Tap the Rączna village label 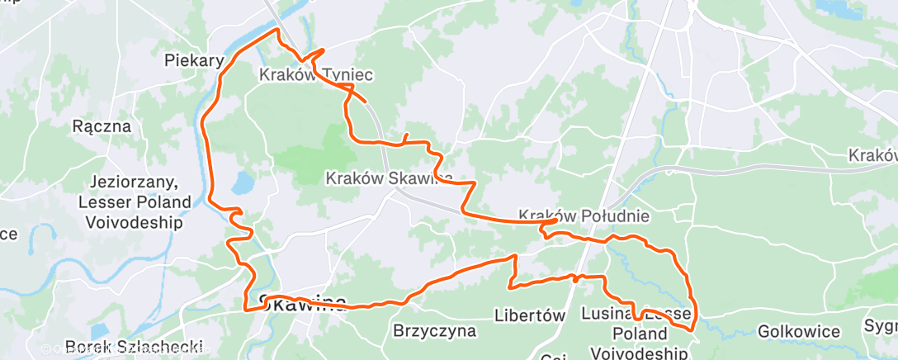click(102, 126)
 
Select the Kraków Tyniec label click(316, 75)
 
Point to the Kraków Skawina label click(389, 178)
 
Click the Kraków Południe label click(584, 216)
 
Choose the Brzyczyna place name click(435, 332)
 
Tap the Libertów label click(529, 315)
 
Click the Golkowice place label click(798, 332)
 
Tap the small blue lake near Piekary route click(242, 183)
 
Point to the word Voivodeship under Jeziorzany click(138, 222)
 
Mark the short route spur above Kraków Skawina click(405, 137)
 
